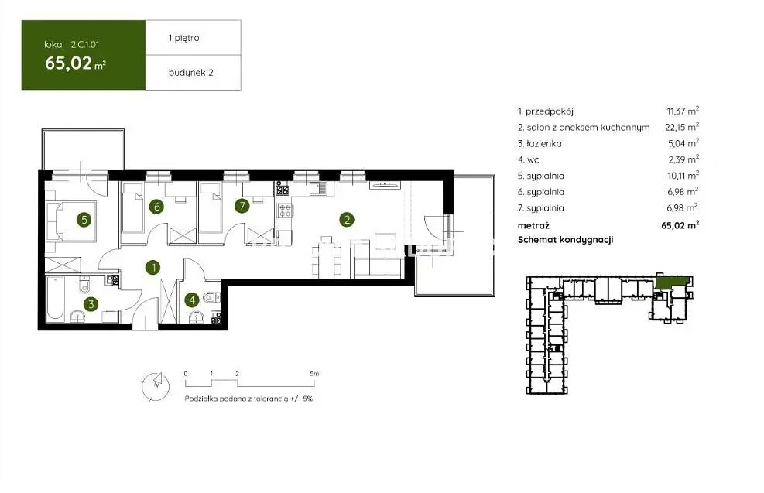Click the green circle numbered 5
84,220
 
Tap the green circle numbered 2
347,220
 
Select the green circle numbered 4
192,300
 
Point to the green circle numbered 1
153,267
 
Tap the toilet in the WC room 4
211,296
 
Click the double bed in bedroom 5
71,221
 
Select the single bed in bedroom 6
132,207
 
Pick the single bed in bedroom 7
211,207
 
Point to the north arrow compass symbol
156,386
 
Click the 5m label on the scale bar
314,374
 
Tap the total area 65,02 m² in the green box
76,63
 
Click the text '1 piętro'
183,38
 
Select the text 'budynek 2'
191,73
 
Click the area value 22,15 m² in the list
682,127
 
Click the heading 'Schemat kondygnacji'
565,240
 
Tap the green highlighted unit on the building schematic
671,281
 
